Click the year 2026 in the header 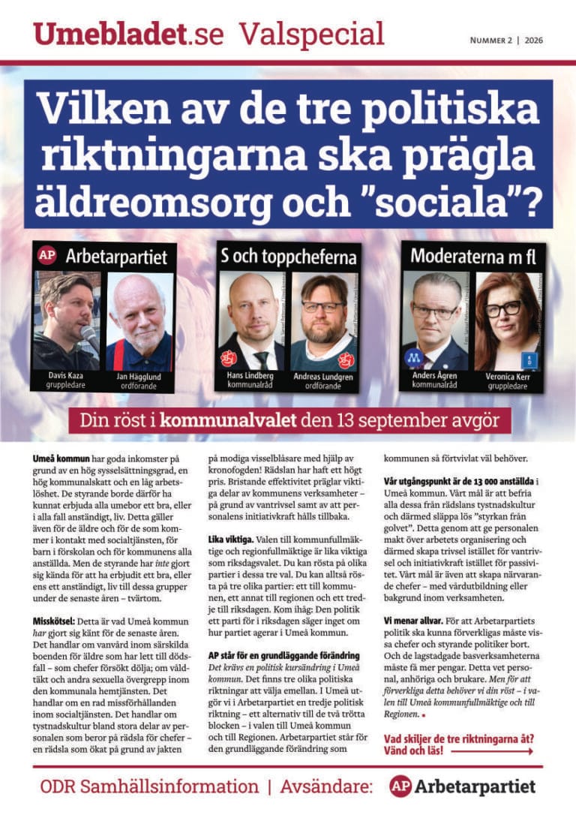coord(535,40)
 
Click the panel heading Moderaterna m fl coord(472,255)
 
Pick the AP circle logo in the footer coord(400,786)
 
